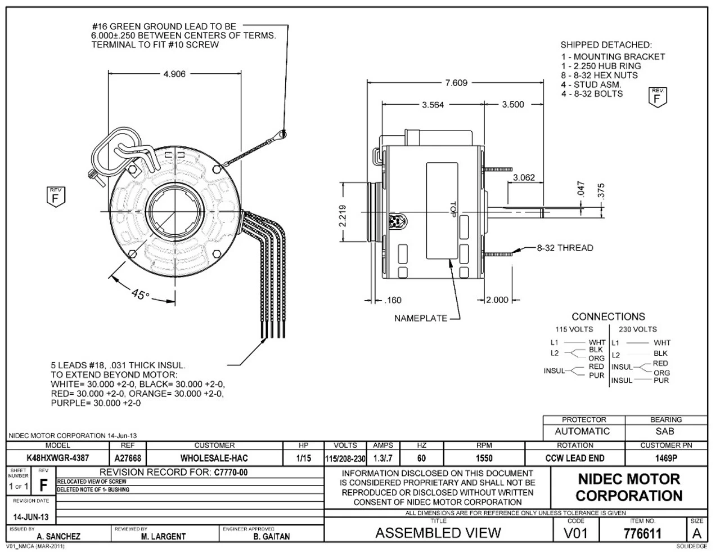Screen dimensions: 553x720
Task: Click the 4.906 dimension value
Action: (174, 74)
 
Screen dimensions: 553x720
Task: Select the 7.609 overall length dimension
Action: (456, 83)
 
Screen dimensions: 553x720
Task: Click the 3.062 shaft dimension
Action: (524, 178)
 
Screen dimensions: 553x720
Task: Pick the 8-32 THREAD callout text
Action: (565, 248)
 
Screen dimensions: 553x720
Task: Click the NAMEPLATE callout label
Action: (420, 319)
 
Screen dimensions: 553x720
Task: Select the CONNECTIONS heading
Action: (608, 317)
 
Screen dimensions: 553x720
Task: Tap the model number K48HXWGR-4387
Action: (58, 458)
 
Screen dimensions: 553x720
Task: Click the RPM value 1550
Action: (484, 458)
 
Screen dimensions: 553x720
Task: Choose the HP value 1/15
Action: (303, 458)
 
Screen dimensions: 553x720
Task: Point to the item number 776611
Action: (642, 533)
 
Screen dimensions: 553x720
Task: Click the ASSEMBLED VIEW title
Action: (438, 533)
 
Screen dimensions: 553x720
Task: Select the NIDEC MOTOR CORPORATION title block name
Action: (629, 488)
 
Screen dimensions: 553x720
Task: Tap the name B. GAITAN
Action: (272, 537)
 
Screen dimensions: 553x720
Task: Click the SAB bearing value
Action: (666, 432)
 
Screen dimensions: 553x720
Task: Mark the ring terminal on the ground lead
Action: (283, 135)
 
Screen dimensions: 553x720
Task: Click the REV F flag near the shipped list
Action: (656, 97)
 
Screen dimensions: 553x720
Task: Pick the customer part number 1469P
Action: (666, 458)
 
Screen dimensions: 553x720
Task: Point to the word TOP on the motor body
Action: (451, 210)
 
